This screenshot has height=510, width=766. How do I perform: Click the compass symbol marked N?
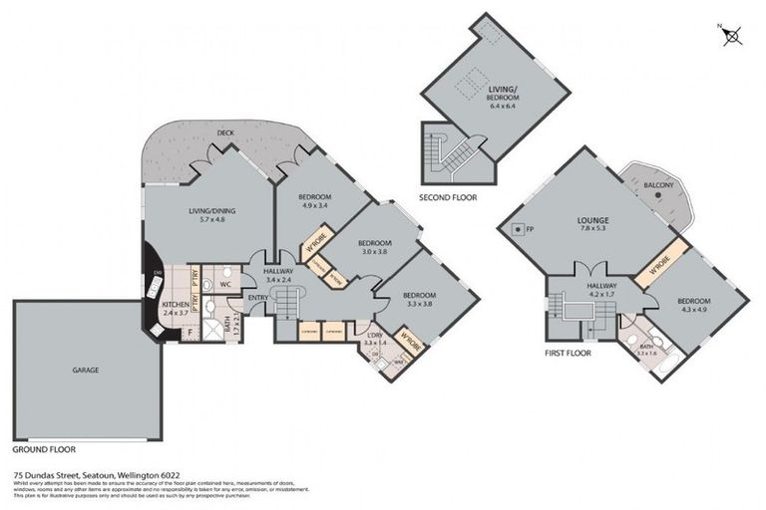tap(732, 37)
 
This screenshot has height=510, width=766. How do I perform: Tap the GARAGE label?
tap(85, 369)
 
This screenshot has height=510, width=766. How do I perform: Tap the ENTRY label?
tap(258, 297)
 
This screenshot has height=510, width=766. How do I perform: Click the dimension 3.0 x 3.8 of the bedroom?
tap(374, 252)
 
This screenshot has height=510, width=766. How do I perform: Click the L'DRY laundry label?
tap(375, 334)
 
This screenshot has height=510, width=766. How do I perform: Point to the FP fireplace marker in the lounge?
tap(529, 230)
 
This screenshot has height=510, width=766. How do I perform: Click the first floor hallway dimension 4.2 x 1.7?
tap(602, 294)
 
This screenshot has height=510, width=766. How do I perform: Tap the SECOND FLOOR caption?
tap(448, 197)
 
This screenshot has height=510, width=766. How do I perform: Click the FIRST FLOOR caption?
tap(569, 353)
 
